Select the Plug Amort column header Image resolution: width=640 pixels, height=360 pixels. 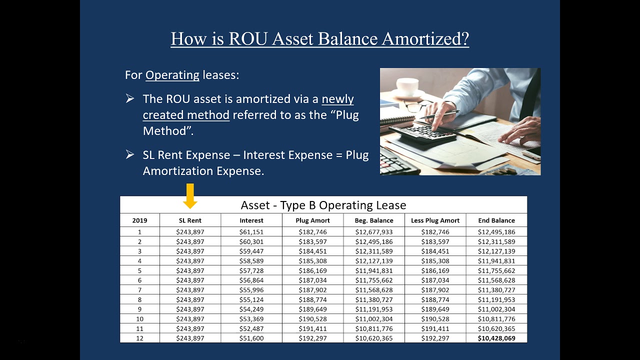tap(312, 220)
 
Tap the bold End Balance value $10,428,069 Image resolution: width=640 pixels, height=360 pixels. tap(496, 338)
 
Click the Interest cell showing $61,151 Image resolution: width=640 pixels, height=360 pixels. tap(251, 232)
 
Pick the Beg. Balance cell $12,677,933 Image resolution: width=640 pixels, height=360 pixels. tap(374, 232)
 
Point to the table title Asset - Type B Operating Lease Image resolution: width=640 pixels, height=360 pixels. tap(323, 205)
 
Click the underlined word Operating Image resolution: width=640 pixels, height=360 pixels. tap(172, 75)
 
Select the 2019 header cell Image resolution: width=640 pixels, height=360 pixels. tap(139, 220)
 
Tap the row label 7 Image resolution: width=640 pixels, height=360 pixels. tap(140, 290)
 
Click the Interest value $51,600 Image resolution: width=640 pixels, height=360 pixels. tap(251, 338)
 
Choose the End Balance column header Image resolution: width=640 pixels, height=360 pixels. tap(496, 220)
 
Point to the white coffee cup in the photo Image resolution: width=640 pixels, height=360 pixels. tap(407, 86)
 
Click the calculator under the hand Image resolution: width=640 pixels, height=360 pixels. tap(422, 132)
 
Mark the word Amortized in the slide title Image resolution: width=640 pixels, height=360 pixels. tap(425, 38)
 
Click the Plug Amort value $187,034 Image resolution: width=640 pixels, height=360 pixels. tap(312, 280)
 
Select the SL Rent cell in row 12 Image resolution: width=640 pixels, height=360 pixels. tap(190, 338)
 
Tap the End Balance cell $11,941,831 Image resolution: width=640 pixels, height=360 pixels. tap(496, 261)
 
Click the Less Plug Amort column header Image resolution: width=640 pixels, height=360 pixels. tap(435, 220)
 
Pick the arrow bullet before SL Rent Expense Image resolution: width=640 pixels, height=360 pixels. tap(130, 155)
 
